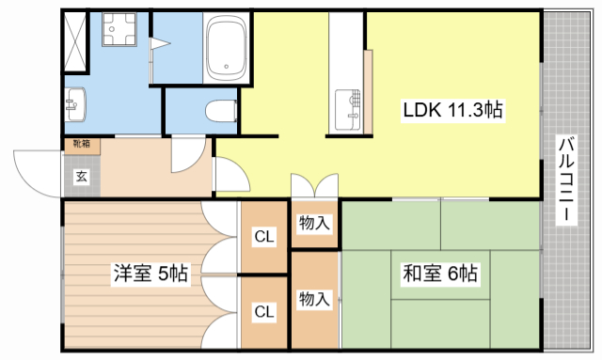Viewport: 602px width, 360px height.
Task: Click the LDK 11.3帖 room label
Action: tap(453, 110)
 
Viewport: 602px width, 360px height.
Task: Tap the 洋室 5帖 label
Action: tap(150, 274)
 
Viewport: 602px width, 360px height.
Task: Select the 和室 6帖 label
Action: tap(440, 274)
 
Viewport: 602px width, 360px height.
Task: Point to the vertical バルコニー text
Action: tap(567, 180)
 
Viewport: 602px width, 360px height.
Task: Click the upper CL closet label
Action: tap(264, 238)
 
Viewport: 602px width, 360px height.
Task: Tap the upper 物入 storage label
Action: tap(314, 224)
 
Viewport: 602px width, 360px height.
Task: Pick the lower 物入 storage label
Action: tap(314, 299)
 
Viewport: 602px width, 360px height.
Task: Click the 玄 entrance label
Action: tap(82, 176)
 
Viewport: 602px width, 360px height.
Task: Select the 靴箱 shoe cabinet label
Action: tap(82, 144)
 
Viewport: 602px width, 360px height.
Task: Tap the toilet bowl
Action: tap(219, 110)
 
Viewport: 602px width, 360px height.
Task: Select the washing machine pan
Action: tap(119, 34)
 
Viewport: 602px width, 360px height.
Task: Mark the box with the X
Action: tap(75, 34)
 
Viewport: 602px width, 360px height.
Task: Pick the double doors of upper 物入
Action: tap(314, 186)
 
